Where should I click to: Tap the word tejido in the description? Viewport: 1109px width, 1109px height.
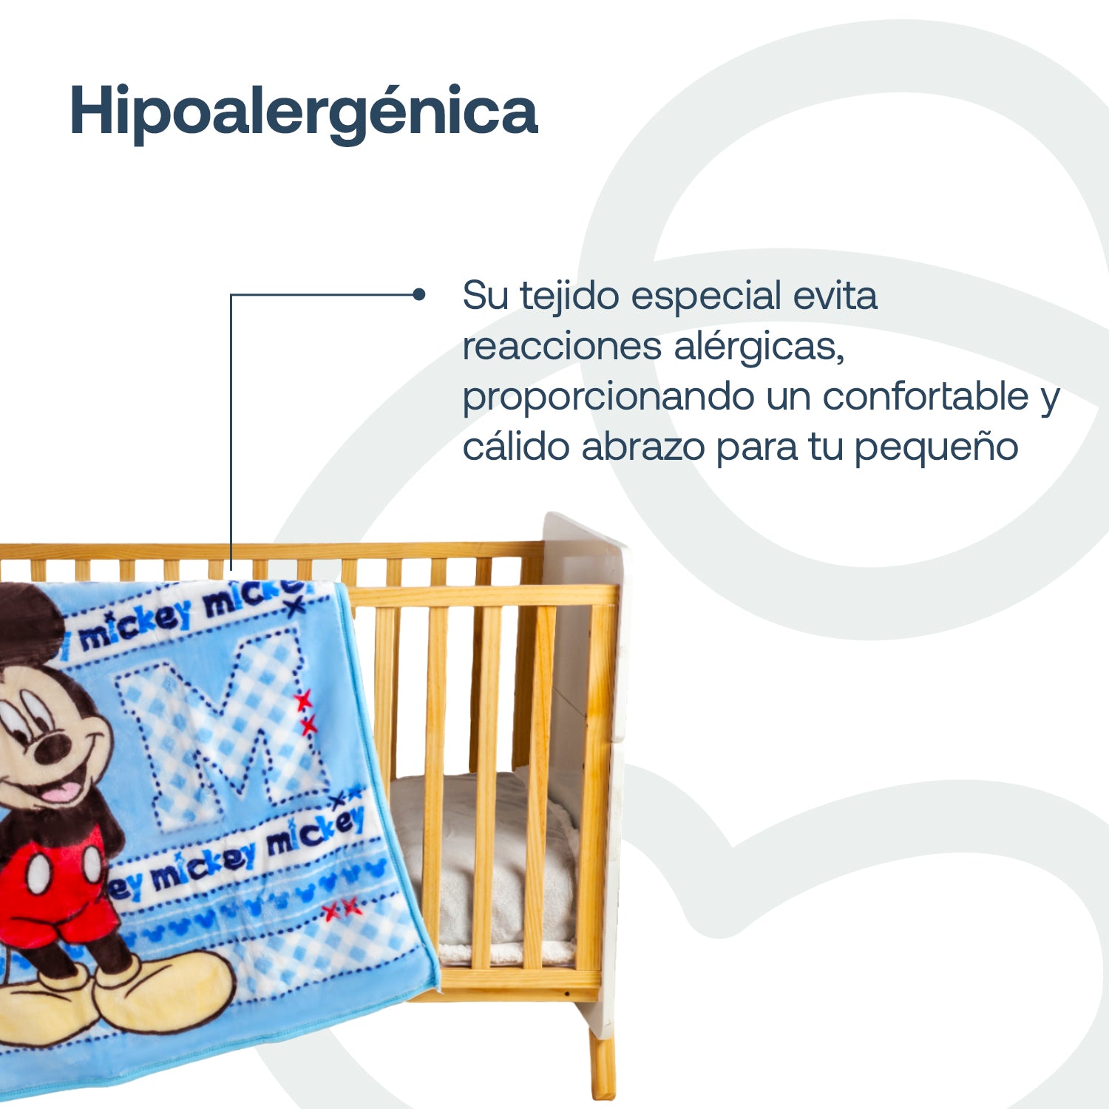coord(569,296)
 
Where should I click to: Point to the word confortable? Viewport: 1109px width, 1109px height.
coord(925,396)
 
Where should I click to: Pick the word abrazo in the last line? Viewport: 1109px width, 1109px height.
coord(642,447)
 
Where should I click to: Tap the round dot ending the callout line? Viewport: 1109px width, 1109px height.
coord(419,295)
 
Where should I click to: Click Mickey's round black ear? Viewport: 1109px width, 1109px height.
coord(30,621)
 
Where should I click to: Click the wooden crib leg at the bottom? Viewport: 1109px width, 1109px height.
coord(603,1065)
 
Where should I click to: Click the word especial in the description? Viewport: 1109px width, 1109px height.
coord(706,296)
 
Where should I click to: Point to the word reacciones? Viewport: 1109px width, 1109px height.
coord(561,346)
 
